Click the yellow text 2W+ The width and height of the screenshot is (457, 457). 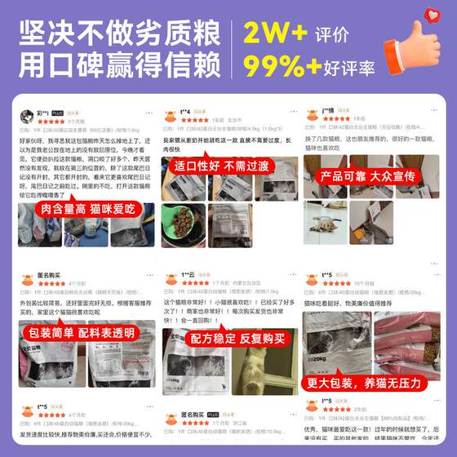276,33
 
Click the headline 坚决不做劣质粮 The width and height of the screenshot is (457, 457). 120,33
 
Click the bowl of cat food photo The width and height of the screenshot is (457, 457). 179,224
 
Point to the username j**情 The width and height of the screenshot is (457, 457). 328,110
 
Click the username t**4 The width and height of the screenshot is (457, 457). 185,111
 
